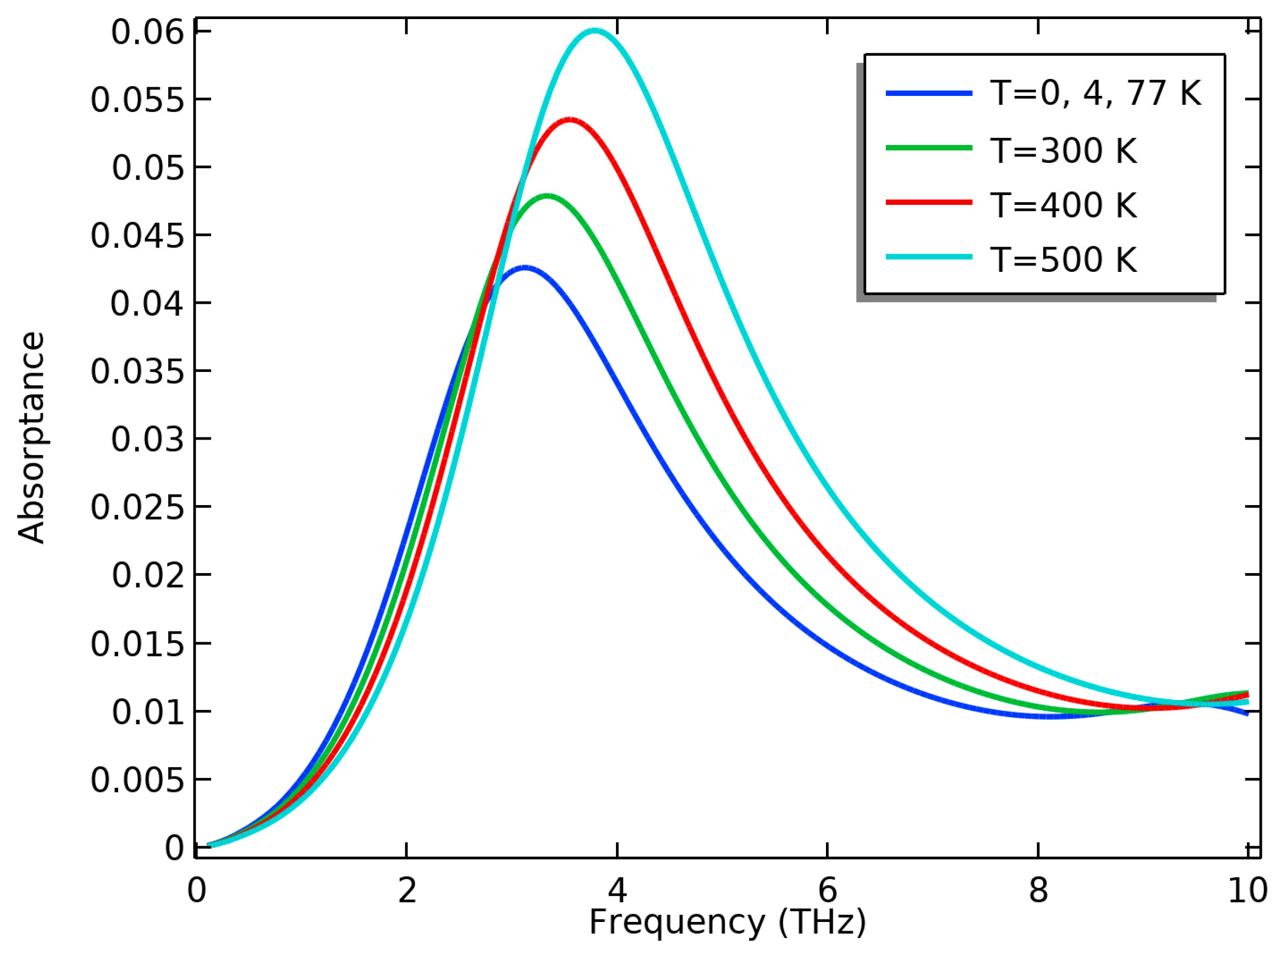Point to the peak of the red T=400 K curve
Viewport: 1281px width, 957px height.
click(571, 120)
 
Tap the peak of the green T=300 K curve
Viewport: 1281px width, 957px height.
click(547, 196)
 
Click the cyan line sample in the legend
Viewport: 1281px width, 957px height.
click(929, 256)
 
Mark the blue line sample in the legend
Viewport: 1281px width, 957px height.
click(929, 93)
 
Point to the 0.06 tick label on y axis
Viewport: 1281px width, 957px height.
click(147, 33)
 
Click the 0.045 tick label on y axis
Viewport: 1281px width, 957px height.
click(137, 236)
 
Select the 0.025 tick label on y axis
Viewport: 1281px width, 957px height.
click(137, 508)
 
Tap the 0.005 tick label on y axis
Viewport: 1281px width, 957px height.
click(137, 781)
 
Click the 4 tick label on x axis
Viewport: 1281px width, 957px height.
click(618, 890)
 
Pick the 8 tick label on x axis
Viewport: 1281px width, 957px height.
click(1039, 890)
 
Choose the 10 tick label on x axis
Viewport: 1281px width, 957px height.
click(1247, 890)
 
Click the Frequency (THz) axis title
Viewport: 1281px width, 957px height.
click(727, 922)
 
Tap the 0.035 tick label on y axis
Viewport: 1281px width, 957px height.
click(137, 371)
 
